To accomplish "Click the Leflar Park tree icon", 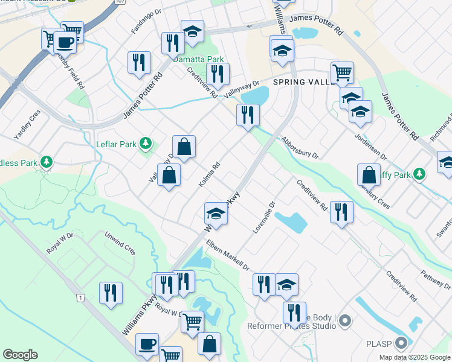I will click(x=145, y=144).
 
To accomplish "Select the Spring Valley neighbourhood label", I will click(x=303, y=81).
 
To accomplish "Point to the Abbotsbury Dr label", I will click(x=299, y=146).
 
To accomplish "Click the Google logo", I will click(x=20, y=355).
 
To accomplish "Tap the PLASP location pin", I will click(x=401, y=343).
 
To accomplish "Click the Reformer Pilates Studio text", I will click(x=292, y=326).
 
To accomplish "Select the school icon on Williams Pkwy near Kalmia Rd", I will click(x=216, y=213).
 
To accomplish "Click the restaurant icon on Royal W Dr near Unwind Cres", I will click(x=111, y=294).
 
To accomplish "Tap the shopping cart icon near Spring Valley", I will click(x=342, y=73).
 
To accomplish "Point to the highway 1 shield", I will click(x=80, y=298).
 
